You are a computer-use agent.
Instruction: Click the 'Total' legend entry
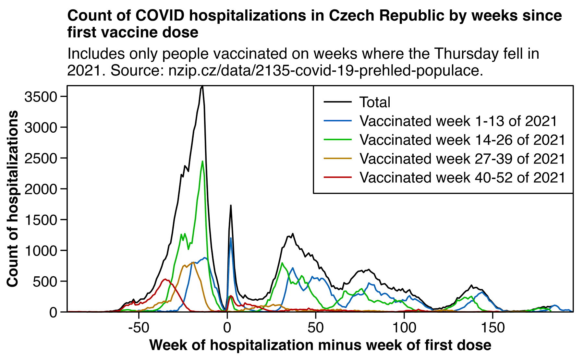click(x=375, y=102)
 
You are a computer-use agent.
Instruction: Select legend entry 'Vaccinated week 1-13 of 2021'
click(x=458, y=121)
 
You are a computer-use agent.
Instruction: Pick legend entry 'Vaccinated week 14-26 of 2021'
click(x=462, y=140)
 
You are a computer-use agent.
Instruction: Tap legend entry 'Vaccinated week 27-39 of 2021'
click(x=462, y=159)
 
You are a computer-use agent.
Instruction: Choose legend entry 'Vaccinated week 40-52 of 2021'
click(x=462, y=177)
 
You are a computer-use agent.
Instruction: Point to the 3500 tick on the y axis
click(x=41, y=96)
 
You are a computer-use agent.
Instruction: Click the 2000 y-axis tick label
click(x=41, y=189)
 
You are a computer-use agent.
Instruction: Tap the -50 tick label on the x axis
click(x=139, y=328)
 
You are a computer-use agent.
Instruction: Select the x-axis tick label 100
click(x=404, y=328)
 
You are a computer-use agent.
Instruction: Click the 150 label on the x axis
click(x=493, y=328)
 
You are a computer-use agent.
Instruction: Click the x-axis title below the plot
click(x=320, y=345)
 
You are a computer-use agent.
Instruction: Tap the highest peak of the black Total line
click(x=202, y=87)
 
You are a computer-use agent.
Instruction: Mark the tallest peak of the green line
click(x=202, y=161)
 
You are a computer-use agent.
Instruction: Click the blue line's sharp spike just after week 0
click(x=231, y=238)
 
